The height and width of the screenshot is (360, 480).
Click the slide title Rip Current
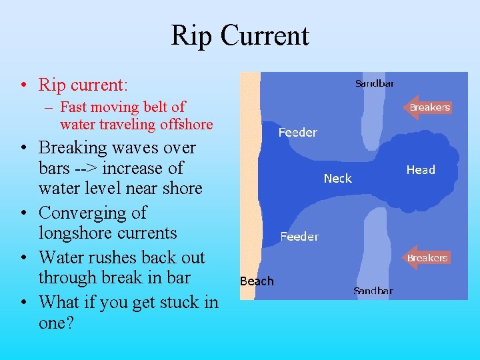tap(240, 35)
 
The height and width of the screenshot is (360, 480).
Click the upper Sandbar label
tap(374, 83)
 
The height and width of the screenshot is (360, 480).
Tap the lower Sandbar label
tap(373, 291)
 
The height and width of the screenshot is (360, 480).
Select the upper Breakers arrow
tap(428, 107)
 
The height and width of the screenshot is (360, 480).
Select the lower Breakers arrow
tap(427, 258)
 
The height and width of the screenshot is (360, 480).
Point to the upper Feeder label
tap(297, 133)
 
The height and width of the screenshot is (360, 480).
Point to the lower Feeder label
tap(299, 237)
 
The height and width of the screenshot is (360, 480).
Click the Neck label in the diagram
tap(337, 178)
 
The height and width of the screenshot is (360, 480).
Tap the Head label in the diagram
tap(421, 170)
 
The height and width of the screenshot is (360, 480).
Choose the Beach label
tap(257, 281)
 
